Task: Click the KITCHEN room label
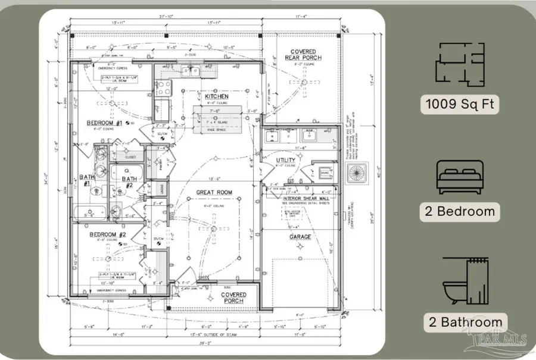(x=217, y=96)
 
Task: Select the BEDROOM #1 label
(x=105, y=123)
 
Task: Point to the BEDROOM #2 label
(x=108, y=234)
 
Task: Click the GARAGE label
(x=300, y=237)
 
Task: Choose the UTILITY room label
(x=286, y=161)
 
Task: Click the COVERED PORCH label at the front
(x=233, y=298)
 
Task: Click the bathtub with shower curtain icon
(x=465, y=280)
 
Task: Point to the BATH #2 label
(x=129, y=179)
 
